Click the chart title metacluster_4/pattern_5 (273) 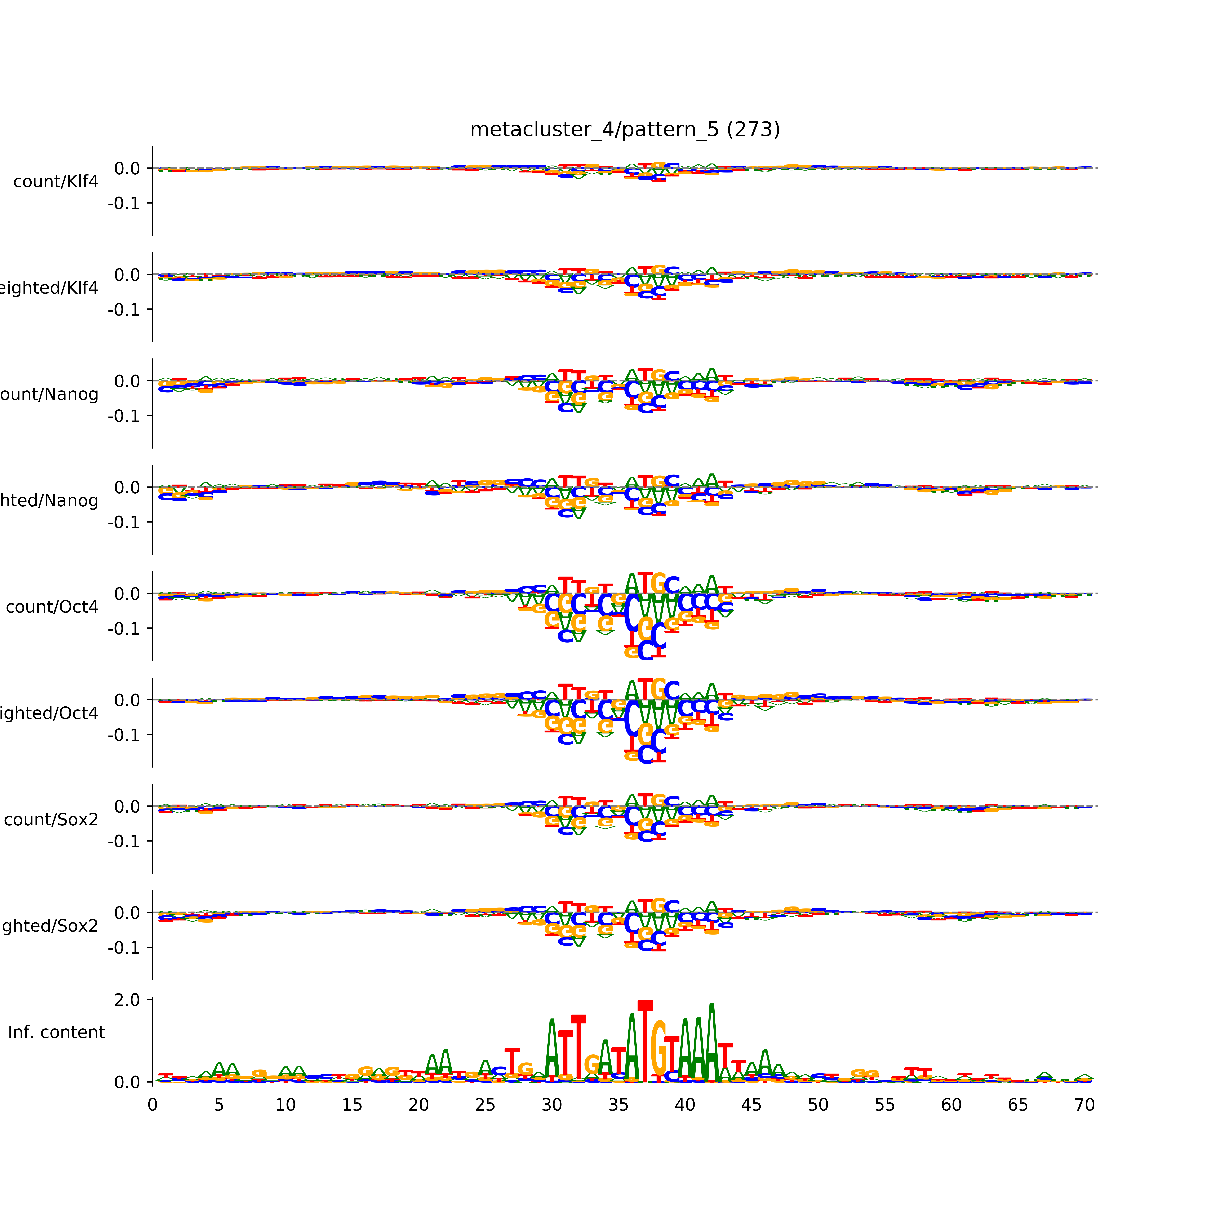click(x=624, y=130)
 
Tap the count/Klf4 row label click(x=56, y=182)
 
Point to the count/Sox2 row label click(x=51, y=820)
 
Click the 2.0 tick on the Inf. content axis click(x=127, y=1000)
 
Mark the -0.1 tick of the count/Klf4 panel click(x=124, y=203)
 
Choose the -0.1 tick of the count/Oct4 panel click(x=124, y=629)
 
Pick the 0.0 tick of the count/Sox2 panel click(x=127, y=806)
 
